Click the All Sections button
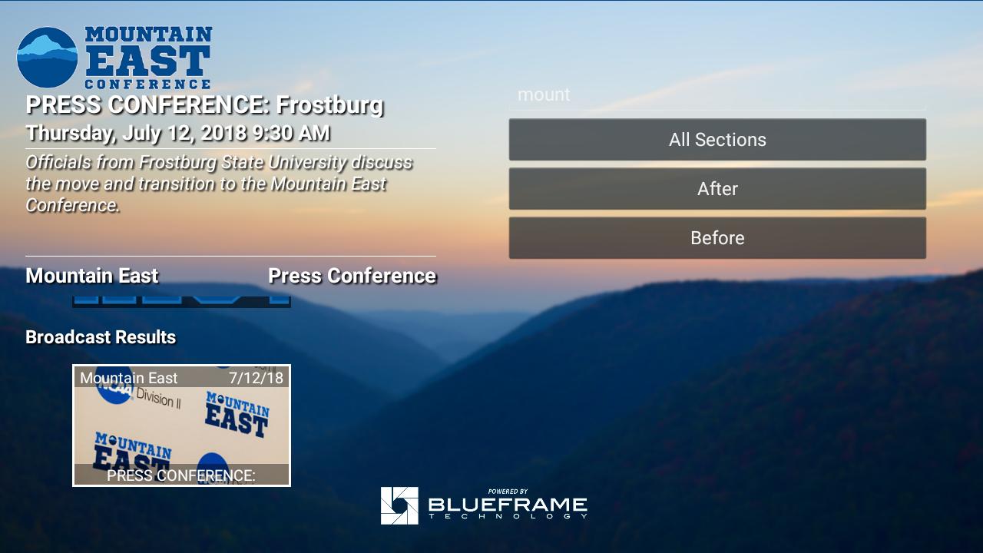tap(717, 140)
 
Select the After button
tap(717, 189)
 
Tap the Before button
tap(717, 238)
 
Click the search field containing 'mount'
tap(717, 94)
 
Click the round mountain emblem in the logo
tap(48, 57)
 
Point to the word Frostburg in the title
tap(330, 105)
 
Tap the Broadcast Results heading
tap(101, 337)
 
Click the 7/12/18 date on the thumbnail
tap(257, 378)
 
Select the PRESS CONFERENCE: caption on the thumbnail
tap(180, 475)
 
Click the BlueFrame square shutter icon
tap(399, 505)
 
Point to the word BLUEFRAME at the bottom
tap(508, 505)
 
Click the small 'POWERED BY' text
tap(508, 492)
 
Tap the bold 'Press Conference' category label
tap(352, 276)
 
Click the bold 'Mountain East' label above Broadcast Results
tap(92, 276)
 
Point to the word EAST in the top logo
tap(148, 61)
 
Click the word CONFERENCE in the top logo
tap(148, 84)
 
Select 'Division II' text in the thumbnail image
tap(158, 399)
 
